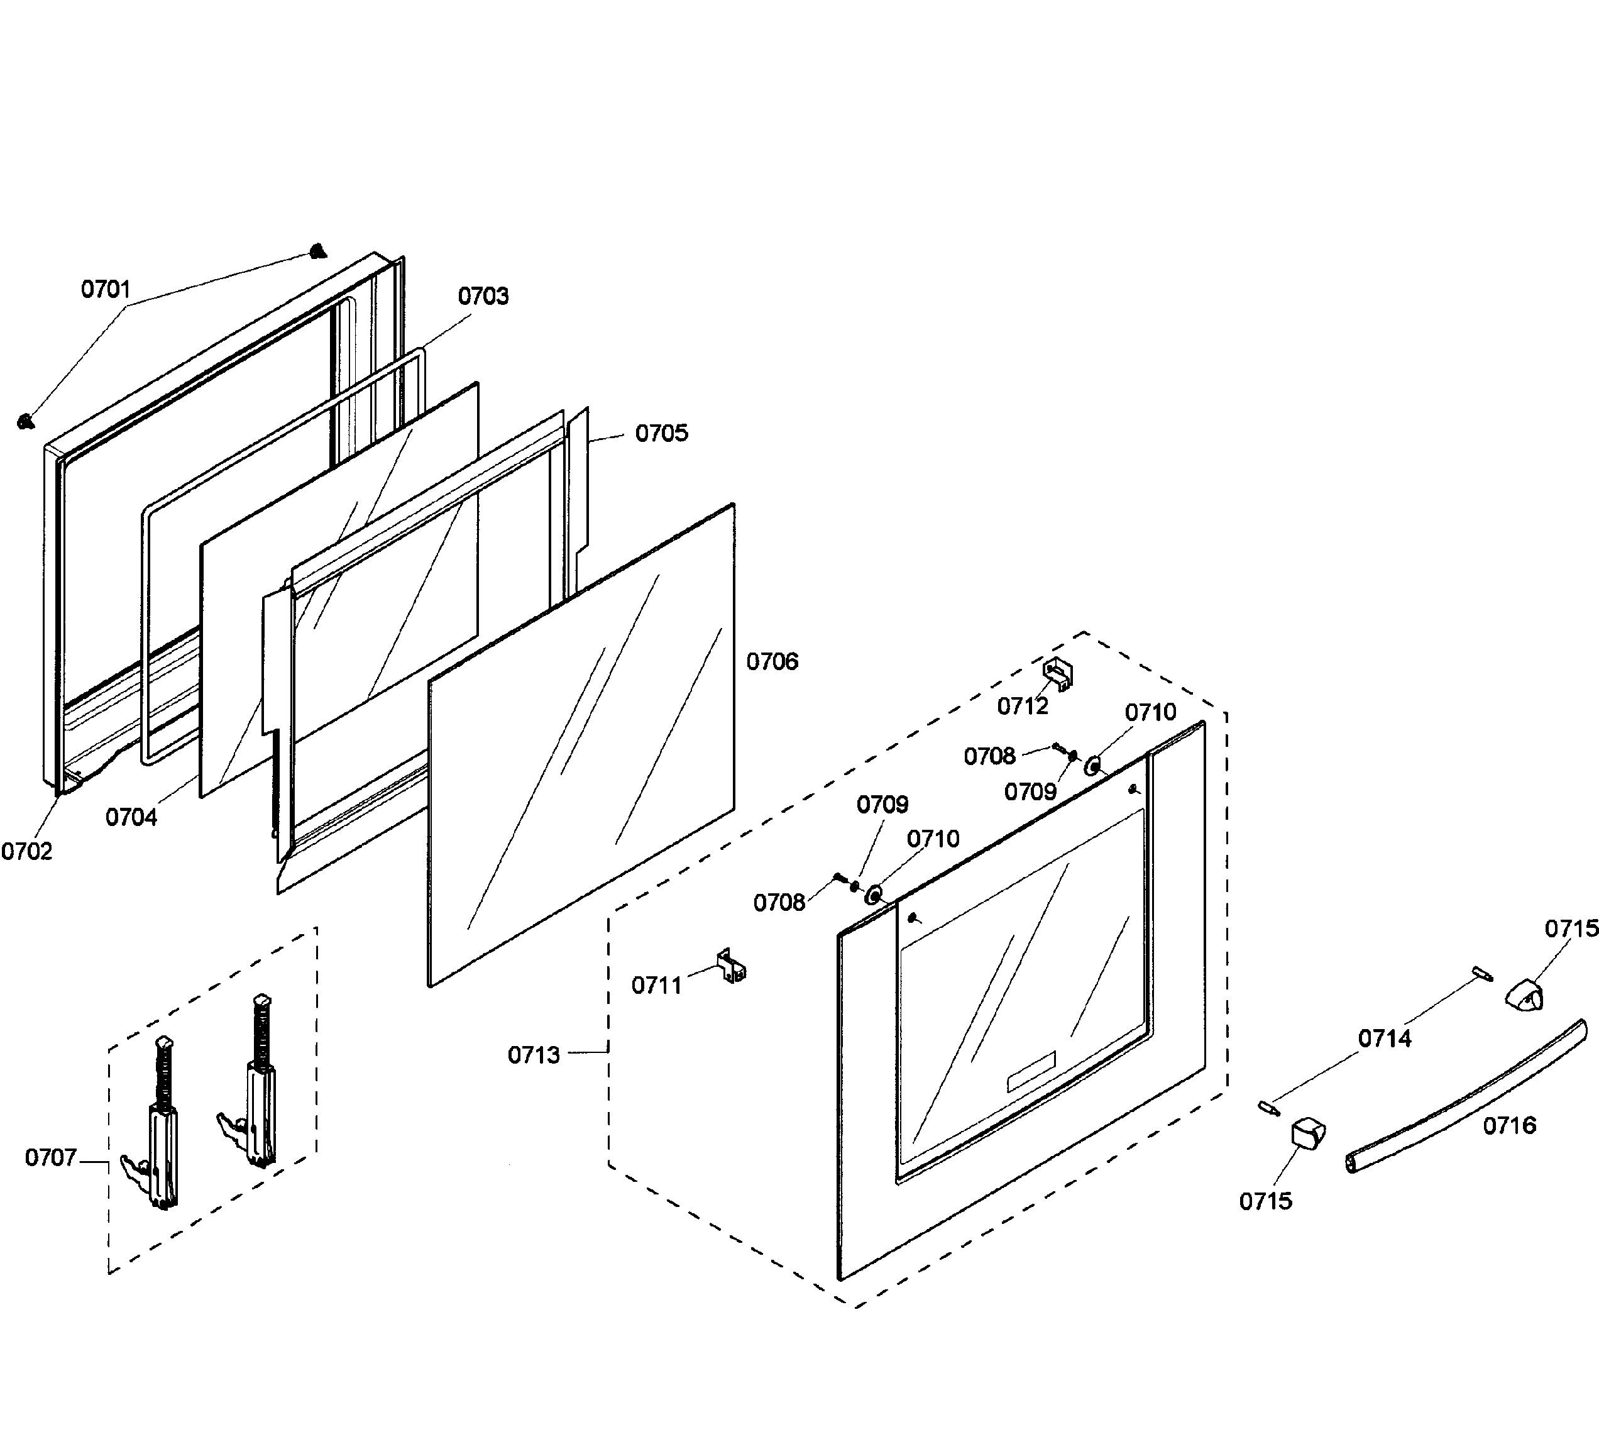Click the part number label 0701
pos(106,289)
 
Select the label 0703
pos(483,297)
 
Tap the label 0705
pos(661,434)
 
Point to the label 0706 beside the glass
pos(772,661)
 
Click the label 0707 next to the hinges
pos(51,1158)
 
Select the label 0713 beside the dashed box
pos(534,1055)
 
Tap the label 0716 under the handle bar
pos(1509,1125)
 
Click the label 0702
pos(26,852)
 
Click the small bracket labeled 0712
pos(1057,673)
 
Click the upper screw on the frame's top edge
pos(317,251)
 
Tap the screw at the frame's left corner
pos(25,421)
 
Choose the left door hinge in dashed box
pos(157,1127)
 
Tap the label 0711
pos(657,986)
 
